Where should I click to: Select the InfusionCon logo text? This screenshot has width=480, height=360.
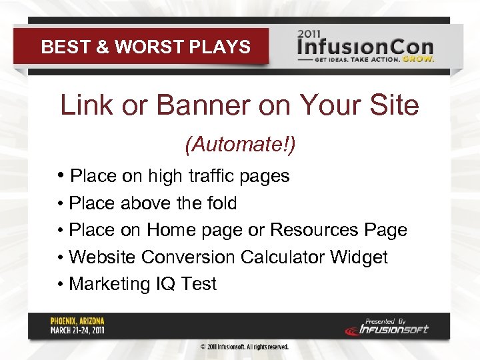coord(365,47)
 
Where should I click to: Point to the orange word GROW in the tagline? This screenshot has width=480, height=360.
coord(421,59)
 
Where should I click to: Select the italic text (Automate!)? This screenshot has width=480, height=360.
coord(239,143)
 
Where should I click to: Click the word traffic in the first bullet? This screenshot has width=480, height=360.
coord(210,176)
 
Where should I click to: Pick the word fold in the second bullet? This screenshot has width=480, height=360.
coord(220,203)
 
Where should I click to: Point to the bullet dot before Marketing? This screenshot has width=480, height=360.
coord(60,284)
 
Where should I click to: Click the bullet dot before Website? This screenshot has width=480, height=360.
coord(60,257)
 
